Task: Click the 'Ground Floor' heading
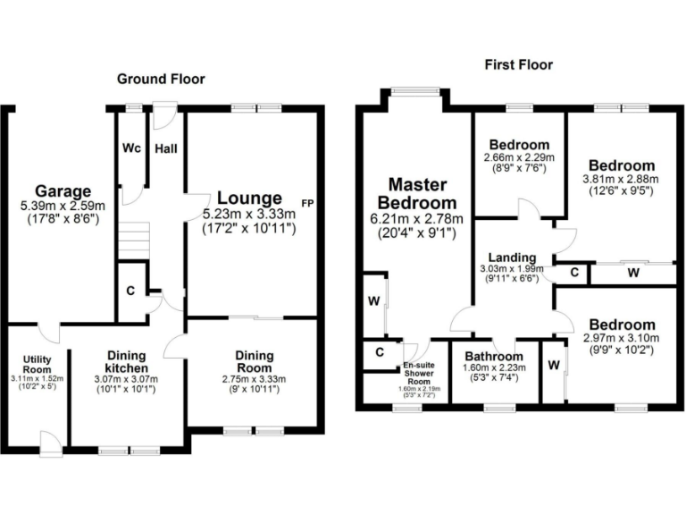(161, 80)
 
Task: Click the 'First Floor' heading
(518, 64)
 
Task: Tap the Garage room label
(63, 190)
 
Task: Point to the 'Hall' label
(166, 149)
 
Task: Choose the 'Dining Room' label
(255, 361)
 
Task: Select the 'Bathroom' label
(494, 356)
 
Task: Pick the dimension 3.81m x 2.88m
(621, 178)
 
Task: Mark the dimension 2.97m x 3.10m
(621, 338)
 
